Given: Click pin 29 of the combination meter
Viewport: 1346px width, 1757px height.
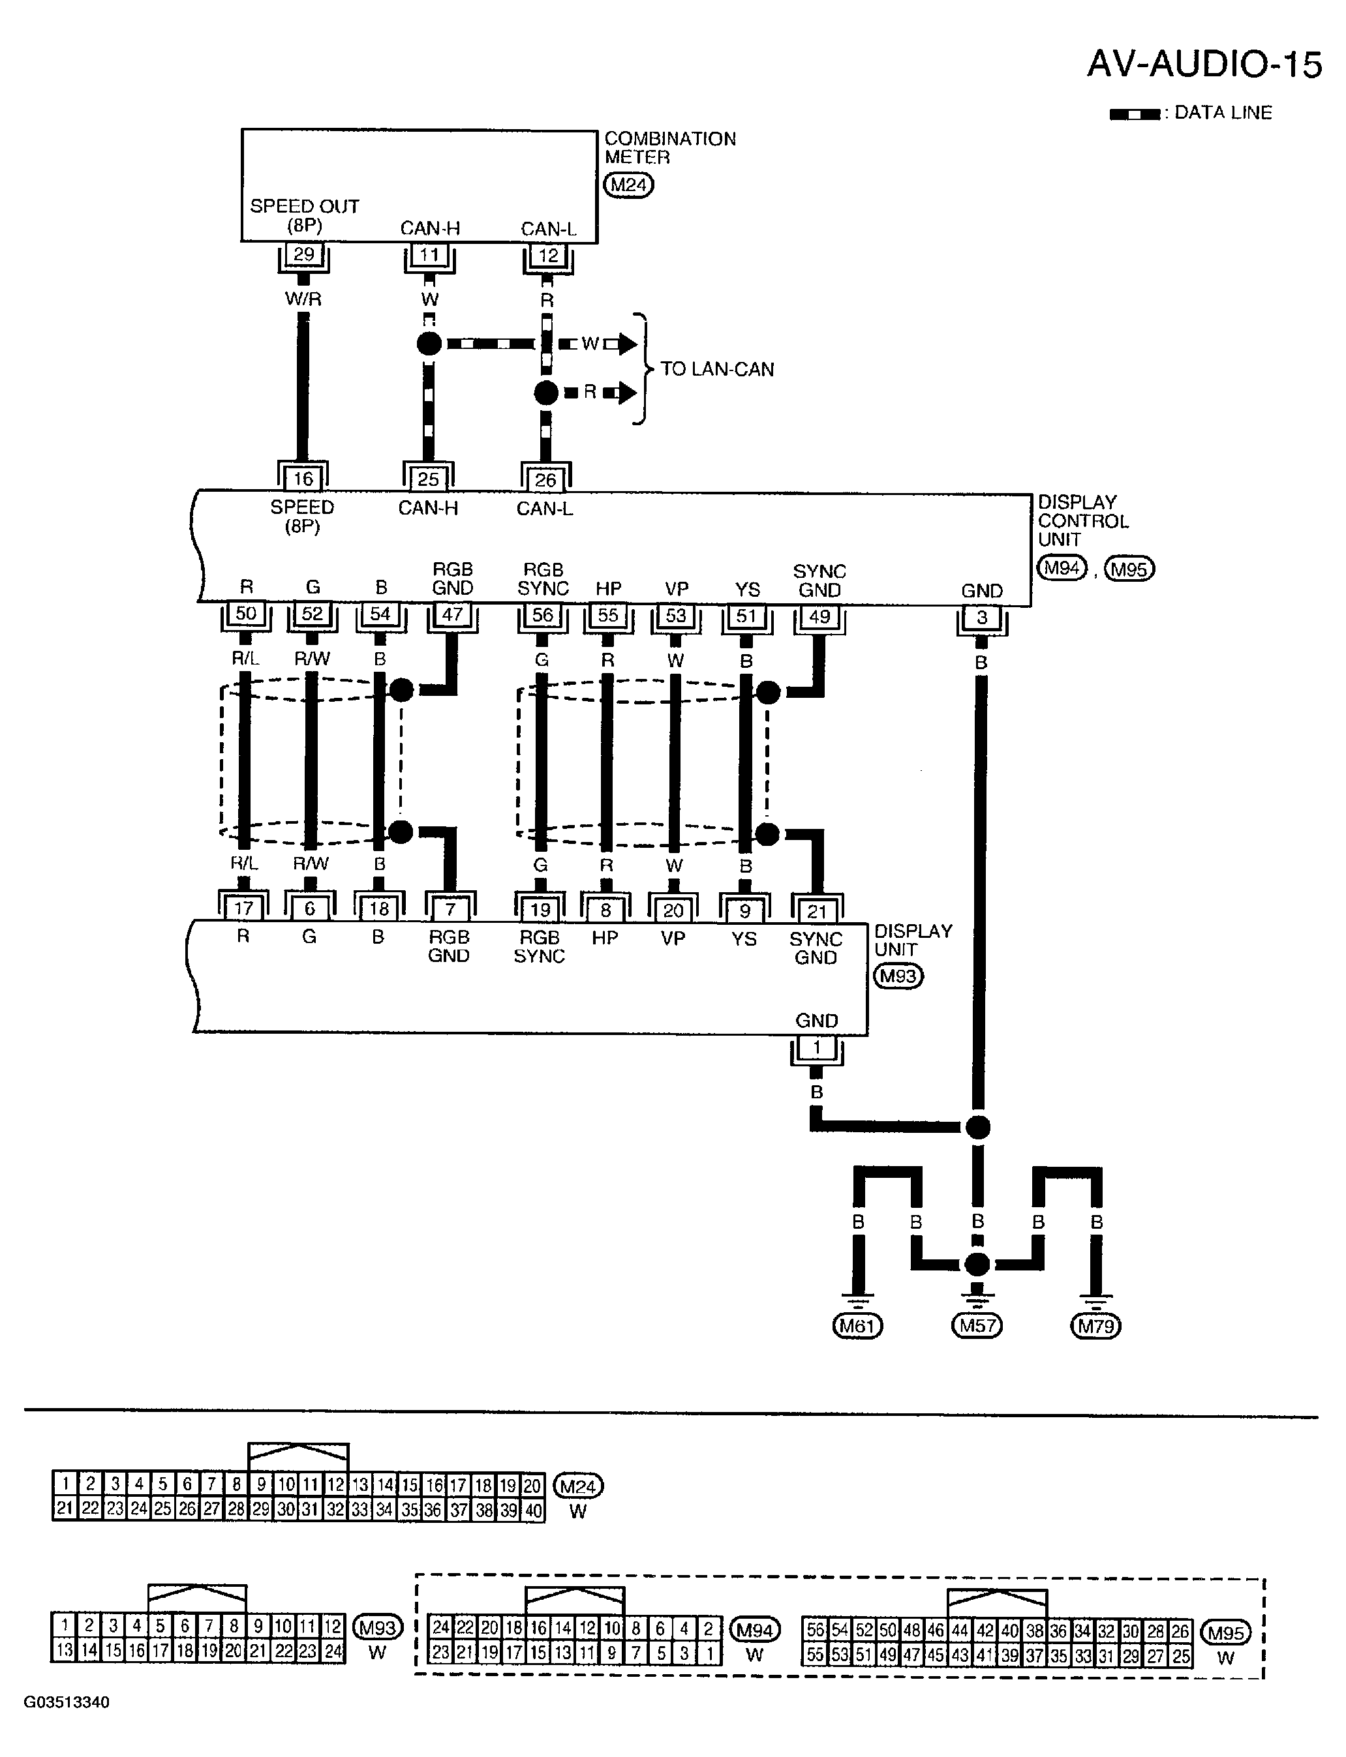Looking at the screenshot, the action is point(303,254).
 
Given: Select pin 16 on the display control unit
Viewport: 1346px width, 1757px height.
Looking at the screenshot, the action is point(303,479).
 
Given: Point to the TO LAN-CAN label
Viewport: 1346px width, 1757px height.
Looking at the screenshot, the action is point(717,369).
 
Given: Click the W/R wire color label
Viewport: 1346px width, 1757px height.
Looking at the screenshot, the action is point(303,299).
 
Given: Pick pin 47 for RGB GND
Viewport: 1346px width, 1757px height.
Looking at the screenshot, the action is point(453,615).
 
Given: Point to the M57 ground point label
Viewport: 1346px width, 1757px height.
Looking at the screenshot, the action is point(977,1326).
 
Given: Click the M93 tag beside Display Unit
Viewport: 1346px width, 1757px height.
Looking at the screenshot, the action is point(898,976).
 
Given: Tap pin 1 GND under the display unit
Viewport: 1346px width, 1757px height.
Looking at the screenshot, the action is point(816,1047).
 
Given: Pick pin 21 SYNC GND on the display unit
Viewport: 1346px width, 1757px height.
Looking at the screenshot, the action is point(816,911).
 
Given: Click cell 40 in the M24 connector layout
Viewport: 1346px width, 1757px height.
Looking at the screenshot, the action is point(533,1510).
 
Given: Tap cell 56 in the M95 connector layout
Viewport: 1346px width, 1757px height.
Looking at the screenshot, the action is point(815,1630).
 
